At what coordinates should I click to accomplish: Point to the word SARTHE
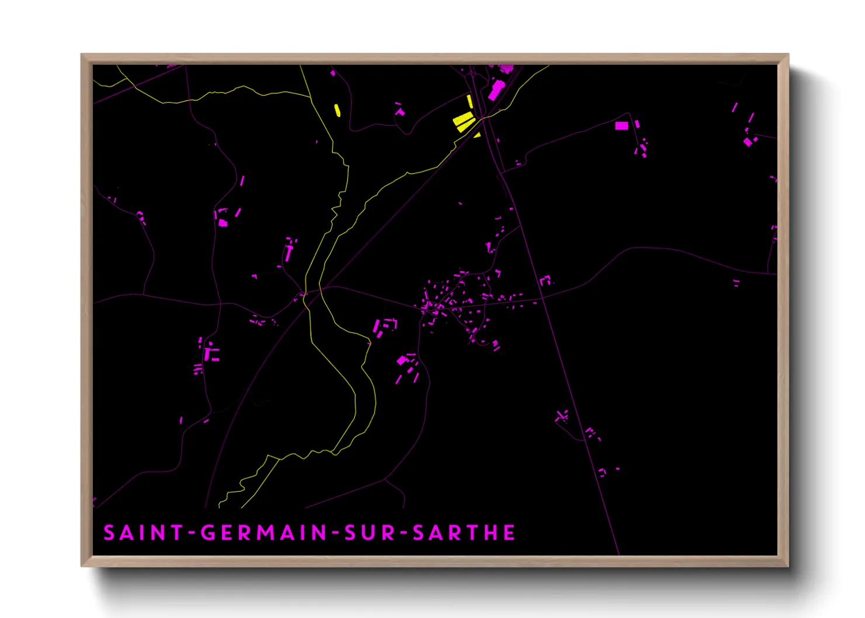464,533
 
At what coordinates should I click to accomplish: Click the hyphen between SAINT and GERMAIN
192,533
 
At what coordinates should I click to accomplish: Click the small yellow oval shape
337,110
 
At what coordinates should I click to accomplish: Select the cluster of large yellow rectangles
464,121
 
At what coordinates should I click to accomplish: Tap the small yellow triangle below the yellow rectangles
478,135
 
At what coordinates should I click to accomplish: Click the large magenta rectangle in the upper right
621,125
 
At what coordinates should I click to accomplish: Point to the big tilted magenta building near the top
496,91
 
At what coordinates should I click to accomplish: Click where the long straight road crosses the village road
542,298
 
